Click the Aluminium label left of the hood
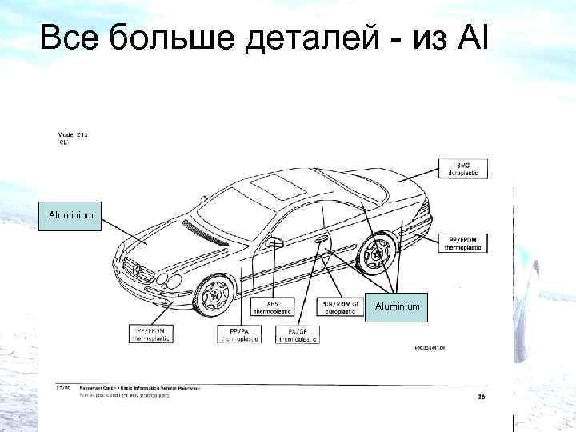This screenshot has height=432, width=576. point(71,216)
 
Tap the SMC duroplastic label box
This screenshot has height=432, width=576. point(463,168)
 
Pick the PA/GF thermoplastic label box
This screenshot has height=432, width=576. point(298,334)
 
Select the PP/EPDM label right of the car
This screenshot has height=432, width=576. point(465,243)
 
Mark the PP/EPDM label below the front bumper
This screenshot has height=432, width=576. point(153,334)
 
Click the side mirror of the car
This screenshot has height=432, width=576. point(275,242)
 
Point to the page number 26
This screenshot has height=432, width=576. point(481,397)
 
